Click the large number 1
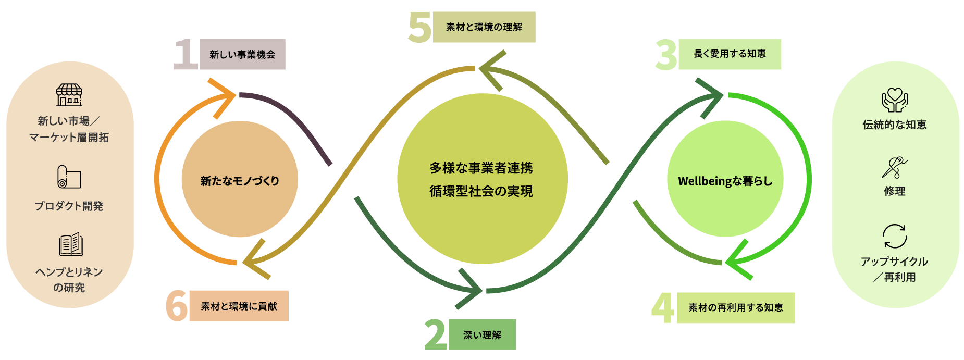tap(185, 54)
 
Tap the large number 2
tap(436, 334)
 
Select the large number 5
tap(419, 27)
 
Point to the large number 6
tap(176, 306)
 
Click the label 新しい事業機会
tap(242, 54)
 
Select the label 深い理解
tap(482, 334)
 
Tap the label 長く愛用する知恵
tap(730, 54)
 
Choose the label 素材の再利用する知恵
tap(735, 307)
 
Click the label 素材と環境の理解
tap(484, 27)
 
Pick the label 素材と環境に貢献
tap(239, 306)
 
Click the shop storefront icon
tap(69, 95)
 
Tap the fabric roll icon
tap(69, 177)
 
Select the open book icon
tap(71, 244)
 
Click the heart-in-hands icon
tap(895, 100)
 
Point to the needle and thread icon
tap(895, 167)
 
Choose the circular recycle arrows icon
tap(895, 237)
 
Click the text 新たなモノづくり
tap(240, 181)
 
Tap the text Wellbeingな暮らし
tap(725, 181)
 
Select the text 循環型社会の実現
tap(481, 192)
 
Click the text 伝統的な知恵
tap(895, 125)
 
